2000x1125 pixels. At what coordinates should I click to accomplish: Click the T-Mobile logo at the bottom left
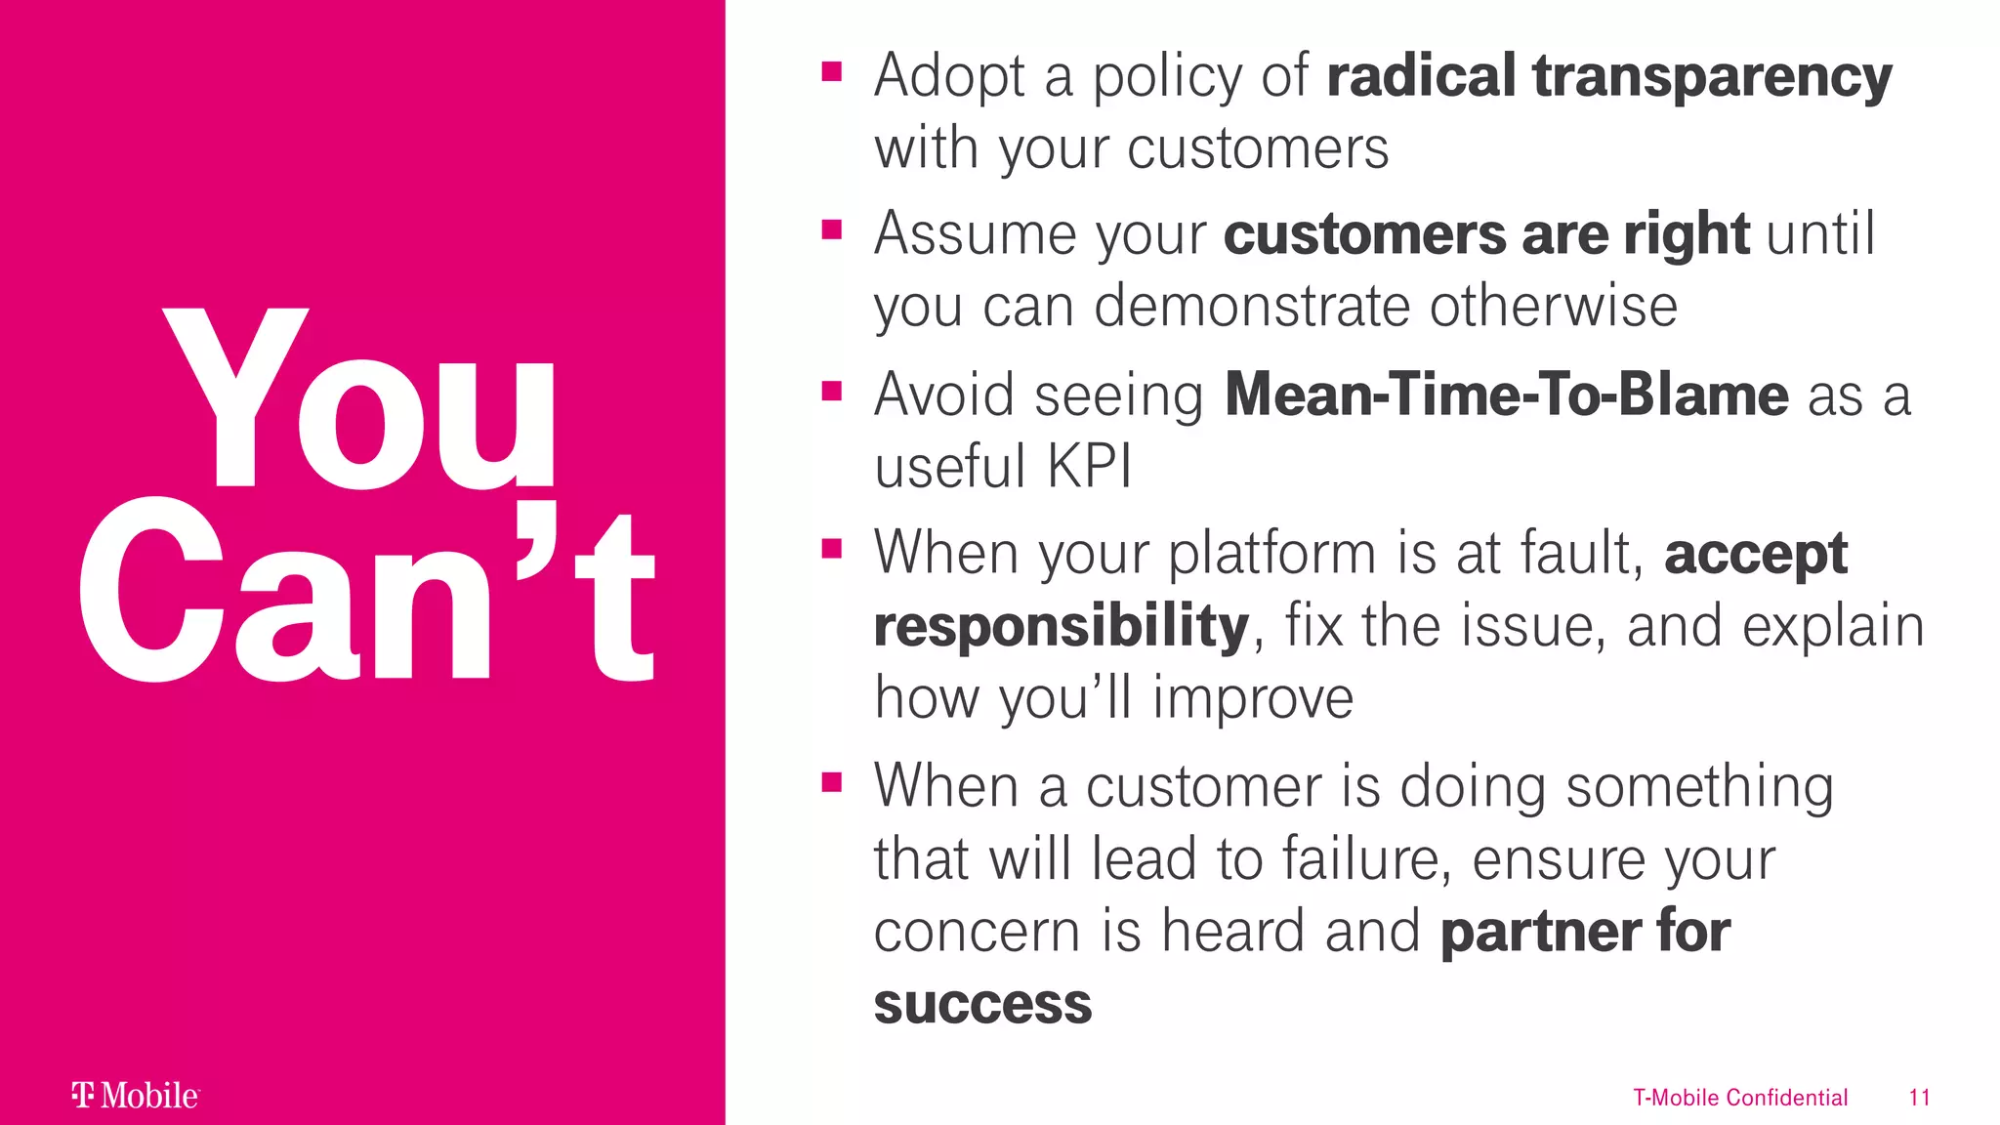136,1096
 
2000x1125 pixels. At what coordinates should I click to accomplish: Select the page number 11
1919,1098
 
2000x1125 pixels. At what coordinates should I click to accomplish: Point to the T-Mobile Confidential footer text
1740,1098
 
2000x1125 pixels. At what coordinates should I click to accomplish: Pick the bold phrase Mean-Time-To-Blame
1506,396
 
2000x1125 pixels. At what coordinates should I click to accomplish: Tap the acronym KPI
1089,467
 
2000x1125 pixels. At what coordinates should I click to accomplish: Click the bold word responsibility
1062,626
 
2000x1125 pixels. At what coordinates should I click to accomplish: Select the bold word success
982,1004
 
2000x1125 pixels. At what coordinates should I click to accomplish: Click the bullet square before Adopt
832,71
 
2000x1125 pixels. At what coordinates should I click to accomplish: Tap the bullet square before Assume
832,230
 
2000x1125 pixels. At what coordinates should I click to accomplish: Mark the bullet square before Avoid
832,392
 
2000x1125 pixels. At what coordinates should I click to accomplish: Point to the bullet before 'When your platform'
832,549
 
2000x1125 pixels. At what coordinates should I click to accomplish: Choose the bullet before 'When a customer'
832,782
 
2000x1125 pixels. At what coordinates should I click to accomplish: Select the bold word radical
1421,76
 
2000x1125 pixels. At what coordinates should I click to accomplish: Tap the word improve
1253,699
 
